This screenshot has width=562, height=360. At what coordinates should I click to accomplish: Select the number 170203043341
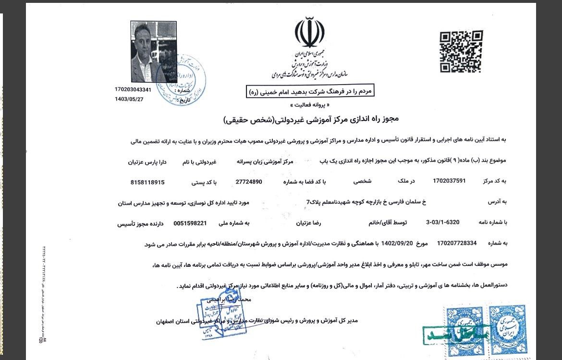(x=133, y=90)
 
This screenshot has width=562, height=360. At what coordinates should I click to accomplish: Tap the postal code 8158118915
(x=147, y=182)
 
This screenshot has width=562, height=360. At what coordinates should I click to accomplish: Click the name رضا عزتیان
(x=306, y=223)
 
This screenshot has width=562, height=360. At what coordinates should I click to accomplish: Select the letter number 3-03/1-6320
(x=442, y=223)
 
